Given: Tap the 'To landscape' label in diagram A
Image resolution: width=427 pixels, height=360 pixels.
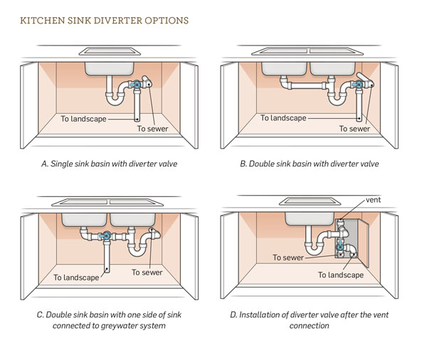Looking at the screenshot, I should (83, 119).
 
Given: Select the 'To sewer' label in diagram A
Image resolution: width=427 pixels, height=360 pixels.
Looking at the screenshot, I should (152, 129).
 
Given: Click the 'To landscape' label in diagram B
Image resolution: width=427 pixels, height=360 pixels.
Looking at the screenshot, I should (283, 118).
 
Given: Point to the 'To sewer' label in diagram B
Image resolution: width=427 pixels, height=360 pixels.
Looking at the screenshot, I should (354, 129).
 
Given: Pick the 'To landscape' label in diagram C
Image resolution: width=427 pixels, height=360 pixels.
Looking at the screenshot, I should (76, 277).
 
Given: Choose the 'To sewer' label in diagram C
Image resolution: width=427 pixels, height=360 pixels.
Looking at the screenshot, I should (147, 272).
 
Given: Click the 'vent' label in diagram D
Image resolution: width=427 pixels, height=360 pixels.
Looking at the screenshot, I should (374, 200).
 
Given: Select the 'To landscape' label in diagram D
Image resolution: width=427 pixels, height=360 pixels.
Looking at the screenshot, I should (341, 275).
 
